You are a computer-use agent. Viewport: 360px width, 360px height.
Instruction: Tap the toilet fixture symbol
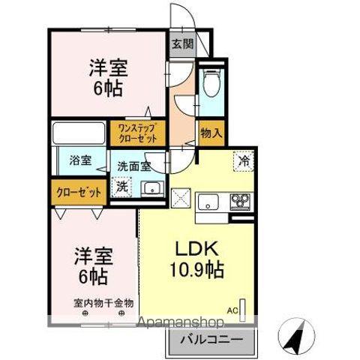pyautogui.click(x=212, y=82)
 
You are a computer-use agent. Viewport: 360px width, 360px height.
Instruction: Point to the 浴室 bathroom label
pyautogui.click(x=79, y=160)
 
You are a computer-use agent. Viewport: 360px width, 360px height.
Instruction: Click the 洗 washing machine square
pyautogui.click(x=121, y=187)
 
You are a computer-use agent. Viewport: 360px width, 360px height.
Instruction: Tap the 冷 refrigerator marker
pyautogui.click(x=244, y=160)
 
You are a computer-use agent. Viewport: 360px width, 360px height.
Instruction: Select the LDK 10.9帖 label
pyautogui.click(x=200, y=259)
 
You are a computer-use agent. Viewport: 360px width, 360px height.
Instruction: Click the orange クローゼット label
pyautogui.click(x=79, y=193)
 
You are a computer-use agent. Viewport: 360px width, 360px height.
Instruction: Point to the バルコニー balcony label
pyautogui.click(x=210, y=340)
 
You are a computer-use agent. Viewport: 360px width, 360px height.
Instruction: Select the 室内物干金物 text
pyautogui.click(x=103, y=304)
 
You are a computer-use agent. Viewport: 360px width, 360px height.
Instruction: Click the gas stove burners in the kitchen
pyautogui.click(x=241, y=200)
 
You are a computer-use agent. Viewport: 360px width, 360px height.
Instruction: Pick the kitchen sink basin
pyautogui.click(x=208, y=201)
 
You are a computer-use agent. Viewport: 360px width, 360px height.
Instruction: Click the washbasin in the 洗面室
pyautogui.click(x=153, y=188)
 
